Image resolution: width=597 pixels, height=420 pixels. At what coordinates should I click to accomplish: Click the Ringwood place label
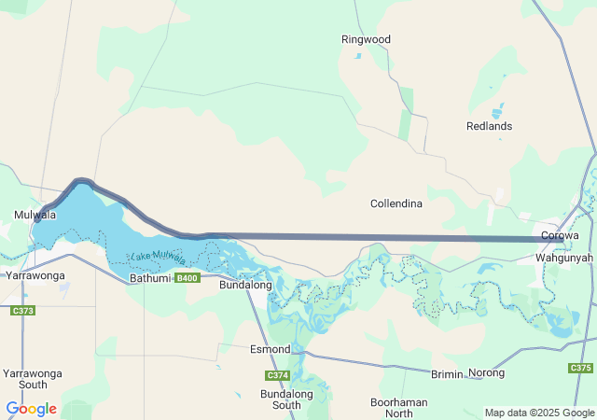click(366, 40)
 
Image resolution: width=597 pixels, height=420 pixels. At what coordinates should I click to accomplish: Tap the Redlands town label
click(489, 126)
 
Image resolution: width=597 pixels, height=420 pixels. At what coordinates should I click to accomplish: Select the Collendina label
click(396, 203)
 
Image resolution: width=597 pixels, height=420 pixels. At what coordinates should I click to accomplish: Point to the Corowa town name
click(560, 236)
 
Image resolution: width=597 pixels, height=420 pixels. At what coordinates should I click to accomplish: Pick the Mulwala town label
click(35, 215)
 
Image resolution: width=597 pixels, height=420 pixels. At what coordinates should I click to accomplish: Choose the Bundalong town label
click(244, 285)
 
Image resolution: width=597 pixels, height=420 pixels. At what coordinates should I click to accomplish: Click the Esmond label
click(271, 349)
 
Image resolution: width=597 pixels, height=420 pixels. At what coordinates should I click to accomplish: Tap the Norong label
click(487, 373)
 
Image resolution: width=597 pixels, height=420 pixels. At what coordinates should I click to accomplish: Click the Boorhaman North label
click(398, 407)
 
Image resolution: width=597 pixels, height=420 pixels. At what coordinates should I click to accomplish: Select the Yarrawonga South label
click(33, 379)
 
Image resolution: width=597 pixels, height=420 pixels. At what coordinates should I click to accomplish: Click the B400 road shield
click(187, 278)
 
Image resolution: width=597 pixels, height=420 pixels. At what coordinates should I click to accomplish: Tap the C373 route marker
click(23, 311)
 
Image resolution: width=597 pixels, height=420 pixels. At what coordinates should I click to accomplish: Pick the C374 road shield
click(277, 375)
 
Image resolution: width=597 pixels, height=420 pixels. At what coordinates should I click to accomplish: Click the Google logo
click(31, 409)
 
